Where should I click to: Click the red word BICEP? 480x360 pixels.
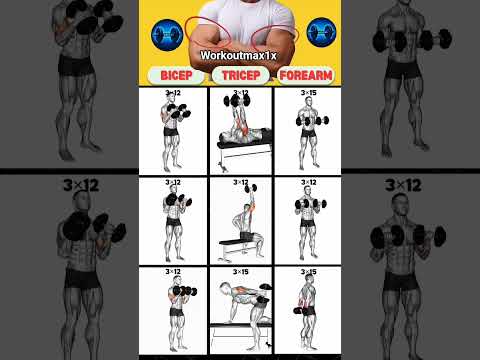click(176, 75)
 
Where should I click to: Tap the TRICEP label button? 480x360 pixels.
click(241, 75)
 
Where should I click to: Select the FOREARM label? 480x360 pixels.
click(306, 75)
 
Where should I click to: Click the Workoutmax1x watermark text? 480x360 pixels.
click(238, 55)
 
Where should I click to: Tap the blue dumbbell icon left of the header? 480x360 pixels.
click(167, 35)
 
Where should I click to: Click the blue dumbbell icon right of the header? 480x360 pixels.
click(321, 32)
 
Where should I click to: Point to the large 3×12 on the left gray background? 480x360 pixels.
click(81, 185)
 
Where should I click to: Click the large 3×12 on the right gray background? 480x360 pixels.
click(403, 185)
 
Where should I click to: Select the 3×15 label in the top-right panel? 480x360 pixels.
click(308, 92)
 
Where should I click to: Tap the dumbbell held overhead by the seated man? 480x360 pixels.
click(251, 188)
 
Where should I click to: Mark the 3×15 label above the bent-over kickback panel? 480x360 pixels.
click(241, 272)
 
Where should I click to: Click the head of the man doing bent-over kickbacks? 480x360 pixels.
click(225, 287)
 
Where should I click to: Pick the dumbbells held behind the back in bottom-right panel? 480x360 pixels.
click(300, 311)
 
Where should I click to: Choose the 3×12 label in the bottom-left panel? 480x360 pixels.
click(173, 272)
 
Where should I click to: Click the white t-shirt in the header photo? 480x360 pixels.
click(247, 18)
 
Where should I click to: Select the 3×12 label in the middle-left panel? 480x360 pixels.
click(173, 182)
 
